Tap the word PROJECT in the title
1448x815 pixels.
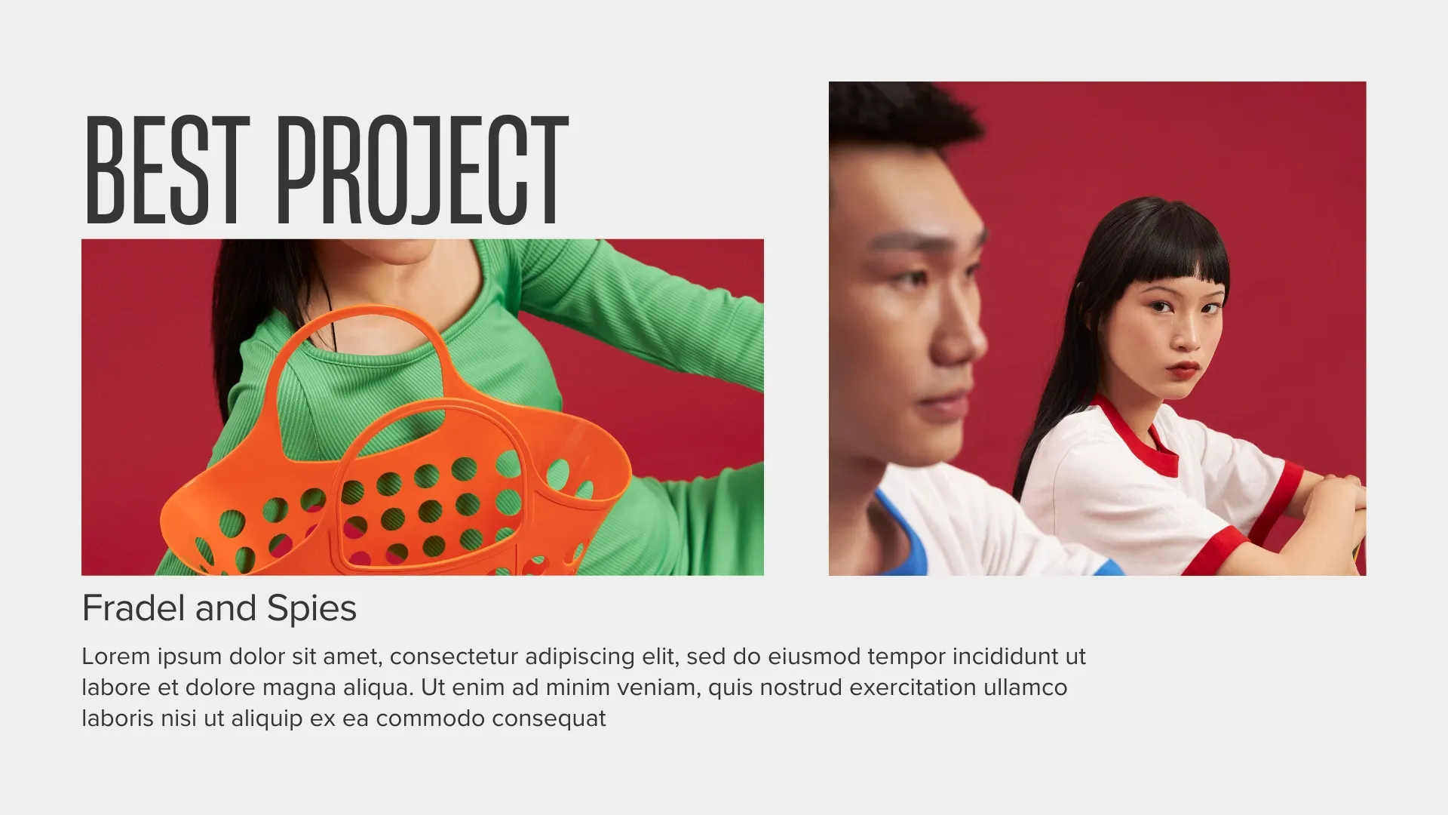click(422, 170)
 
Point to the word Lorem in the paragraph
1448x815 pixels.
click(116, 657)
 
